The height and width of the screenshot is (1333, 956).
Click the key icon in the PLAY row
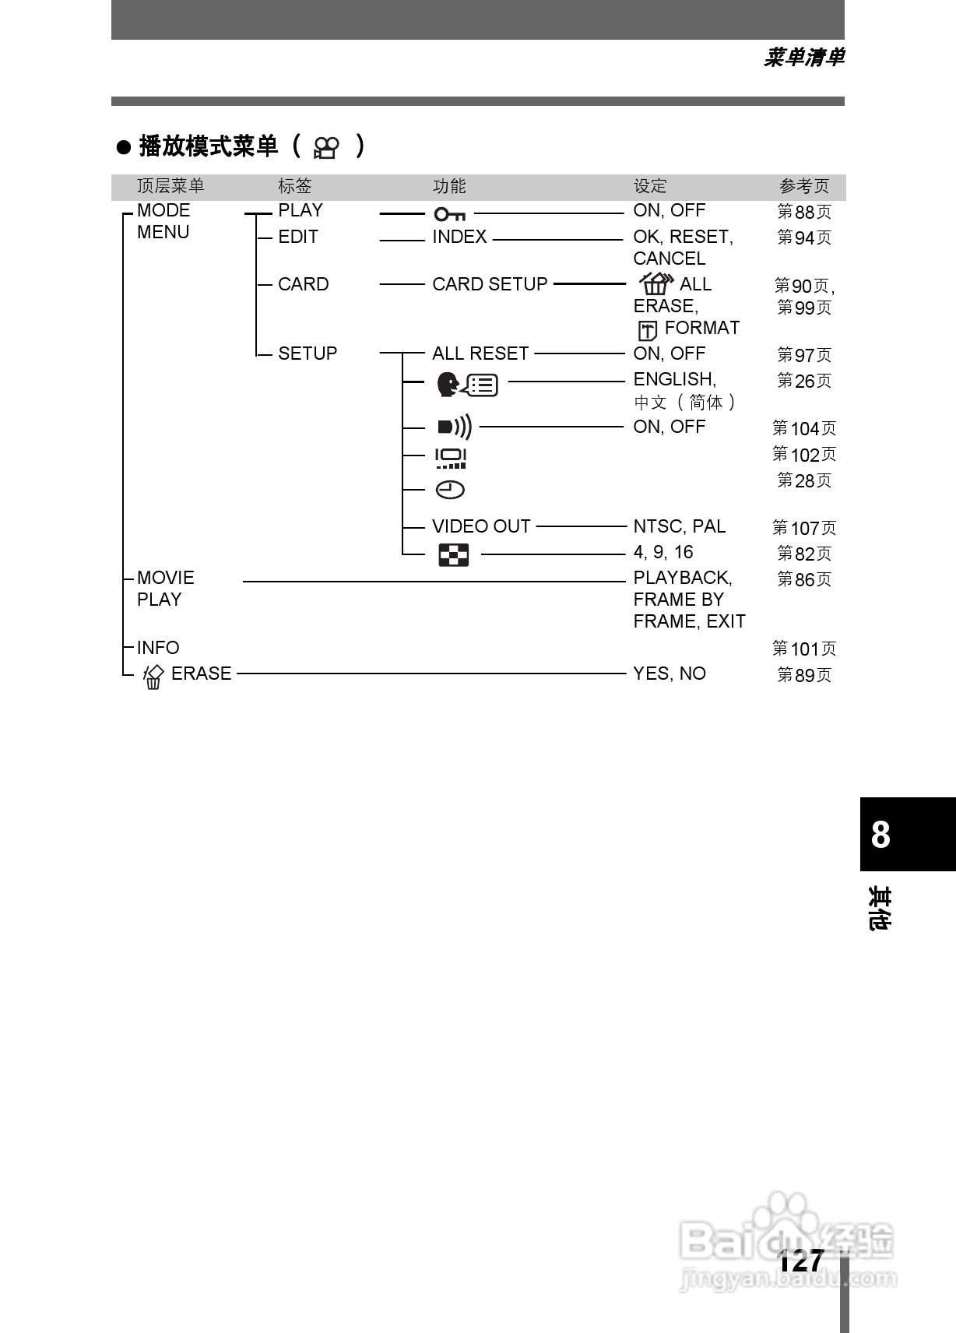click(x=450, y=213)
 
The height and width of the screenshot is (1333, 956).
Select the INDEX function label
click(x=459, y=237)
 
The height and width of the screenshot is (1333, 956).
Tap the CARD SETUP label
click(x=490, y=284)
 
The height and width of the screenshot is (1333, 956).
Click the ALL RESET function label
click(x=480, y=353)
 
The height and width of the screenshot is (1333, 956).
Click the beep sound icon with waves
click(x=454, y=427)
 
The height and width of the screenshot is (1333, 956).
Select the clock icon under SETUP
click(x=450, y=490)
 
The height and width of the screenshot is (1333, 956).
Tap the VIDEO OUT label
click(x=481, y=526)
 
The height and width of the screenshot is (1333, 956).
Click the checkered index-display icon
click(x=453, y=555)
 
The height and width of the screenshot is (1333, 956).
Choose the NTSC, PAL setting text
click(x=679, y=526)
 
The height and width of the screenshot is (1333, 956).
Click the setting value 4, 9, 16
click(x=663, y=552)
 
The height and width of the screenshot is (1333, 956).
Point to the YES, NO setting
click(x=670, y=674)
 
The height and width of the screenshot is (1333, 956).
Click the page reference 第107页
click(x=804, y=528)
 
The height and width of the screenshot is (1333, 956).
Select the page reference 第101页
click(x=804, y=649)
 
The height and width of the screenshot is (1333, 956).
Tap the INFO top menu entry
click(x=158, y=648)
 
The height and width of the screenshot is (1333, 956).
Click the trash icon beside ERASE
click(x=153, y=676)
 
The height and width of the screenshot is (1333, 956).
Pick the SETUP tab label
click(x=308, y=353)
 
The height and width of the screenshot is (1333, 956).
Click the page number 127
click(x=801, y=1261)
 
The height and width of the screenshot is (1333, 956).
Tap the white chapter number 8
click(x=880, y=835)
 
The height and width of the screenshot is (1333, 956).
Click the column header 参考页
click(x=804, y=186)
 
